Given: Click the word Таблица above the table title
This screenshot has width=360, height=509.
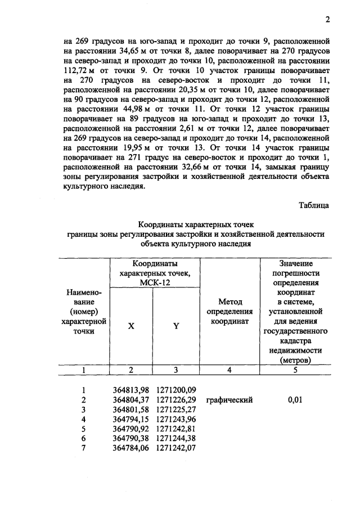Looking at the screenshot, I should [x=314, y=206].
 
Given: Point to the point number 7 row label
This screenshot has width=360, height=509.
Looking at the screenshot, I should [x=83, y=448].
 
